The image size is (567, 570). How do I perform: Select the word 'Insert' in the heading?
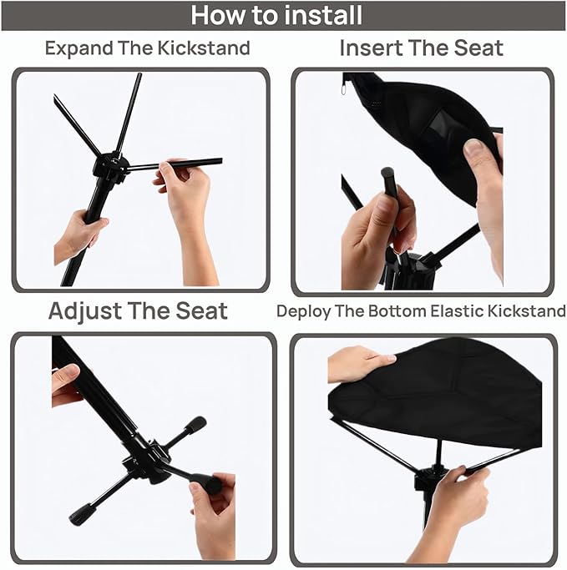coord(371,48)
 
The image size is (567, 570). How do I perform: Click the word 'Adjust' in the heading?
coord(84,312)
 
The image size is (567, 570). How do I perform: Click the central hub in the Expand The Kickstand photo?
coord(111,168)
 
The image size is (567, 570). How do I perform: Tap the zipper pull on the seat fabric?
coord(344,89)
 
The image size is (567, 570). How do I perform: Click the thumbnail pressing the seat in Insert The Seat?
coord(475,149)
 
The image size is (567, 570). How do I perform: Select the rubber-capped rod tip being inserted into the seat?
coord(388,175)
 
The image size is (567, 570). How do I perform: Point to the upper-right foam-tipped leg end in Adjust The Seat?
coord(195,425)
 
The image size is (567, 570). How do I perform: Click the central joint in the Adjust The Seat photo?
coord(145,462)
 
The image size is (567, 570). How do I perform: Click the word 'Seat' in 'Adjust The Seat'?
coord(201,311)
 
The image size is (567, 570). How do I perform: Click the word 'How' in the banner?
coord(217,15)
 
